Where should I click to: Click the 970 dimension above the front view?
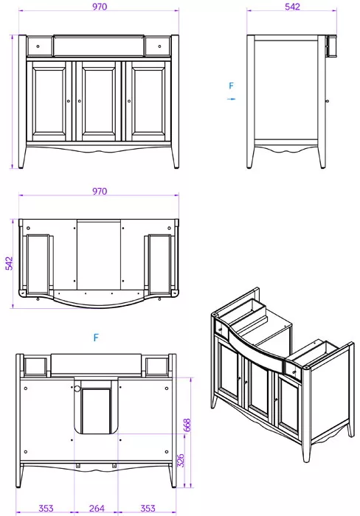point(100,7)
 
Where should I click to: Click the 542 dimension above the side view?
point(292,7)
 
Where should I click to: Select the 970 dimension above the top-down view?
point(100,191)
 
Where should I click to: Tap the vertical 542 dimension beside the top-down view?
point(10,264)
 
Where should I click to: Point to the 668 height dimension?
point(187,425)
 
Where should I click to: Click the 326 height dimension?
point(181,461)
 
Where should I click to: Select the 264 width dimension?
point(97,509)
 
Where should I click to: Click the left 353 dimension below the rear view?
point(46,509)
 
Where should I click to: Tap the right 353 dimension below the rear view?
point(148,509)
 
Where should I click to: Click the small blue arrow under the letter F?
point(231,99)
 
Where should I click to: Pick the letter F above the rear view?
point(96,338)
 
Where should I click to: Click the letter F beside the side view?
point(231,86)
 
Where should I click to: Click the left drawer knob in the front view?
point(38,46)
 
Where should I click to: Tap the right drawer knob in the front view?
point(159,46)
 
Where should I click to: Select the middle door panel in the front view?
point(99,101)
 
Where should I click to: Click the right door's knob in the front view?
point(129,101)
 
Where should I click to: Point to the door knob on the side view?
point(327,101)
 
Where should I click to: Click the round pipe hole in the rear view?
point(77,389)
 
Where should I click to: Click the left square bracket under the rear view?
point(78,466)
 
